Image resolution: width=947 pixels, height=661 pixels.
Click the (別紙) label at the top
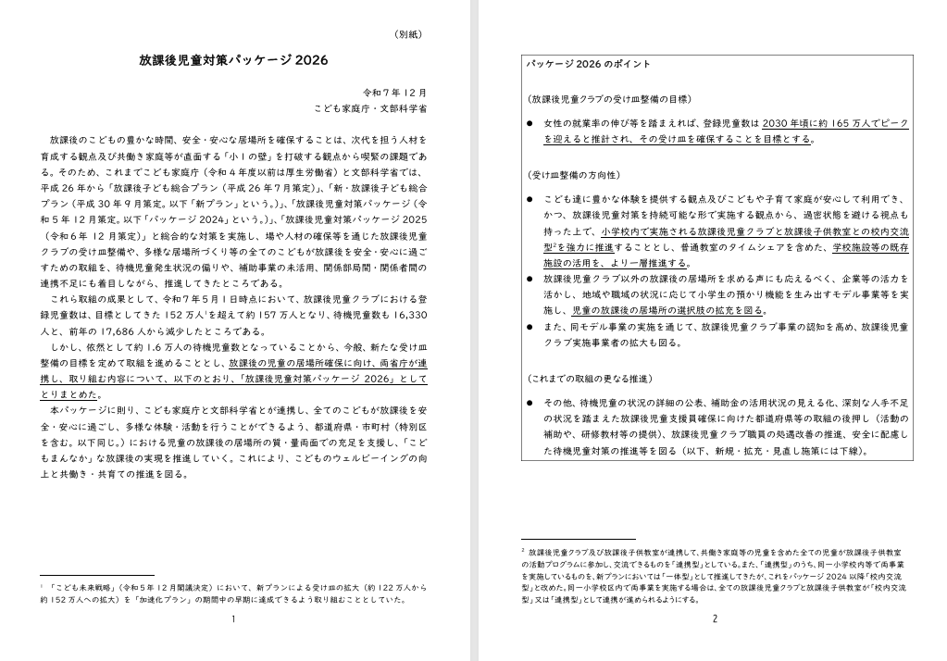(407, 34)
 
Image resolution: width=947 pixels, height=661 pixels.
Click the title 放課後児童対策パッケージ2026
(233, 60)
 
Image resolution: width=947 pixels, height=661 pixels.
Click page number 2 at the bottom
(715, 618)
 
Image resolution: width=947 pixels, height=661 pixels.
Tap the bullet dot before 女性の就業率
(530, 123)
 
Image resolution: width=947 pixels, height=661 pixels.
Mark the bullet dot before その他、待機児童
(530, 404)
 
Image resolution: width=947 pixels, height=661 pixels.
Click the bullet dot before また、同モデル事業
(530, 326)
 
